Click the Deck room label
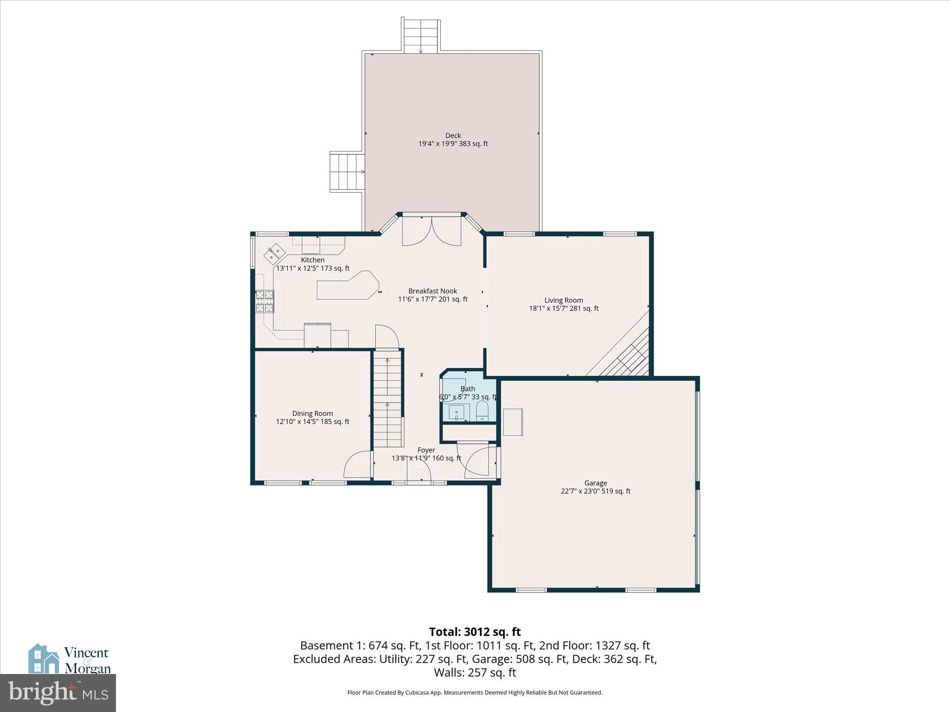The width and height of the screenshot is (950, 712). point(453,136)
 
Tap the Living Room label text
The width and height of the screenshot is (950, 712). point(564,300)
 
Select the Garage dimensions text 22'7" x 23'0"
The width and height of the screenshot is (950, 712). point(580,491)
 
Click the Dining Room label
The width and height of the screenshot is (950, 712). point(312,413)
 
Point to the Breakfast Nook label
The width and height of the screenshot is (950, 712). point(432,291)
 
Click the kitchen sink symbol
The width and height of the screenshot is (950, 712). point(274,253)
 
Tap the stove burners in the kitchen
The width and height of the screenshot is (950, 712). point(264,301)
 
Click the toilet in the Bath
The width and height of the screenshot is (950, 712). point(482,411)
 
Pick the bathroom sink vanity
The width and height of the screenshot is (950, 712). point(456,412)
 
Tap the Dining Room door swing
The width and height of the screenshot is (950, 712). point(357,464)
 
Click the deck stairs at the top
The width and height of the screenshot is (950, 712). point(421,36)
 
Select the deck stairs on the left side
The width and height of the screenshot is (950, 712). point(347,172)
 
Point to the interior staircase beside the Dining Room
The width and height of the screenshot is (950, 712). point(387,399)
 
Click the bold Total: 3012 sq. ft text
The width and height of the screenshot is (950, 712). point(475,632)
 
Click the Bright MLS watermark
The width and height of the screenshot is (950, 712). point(58,693)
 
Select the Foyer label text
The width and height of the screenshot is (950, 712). point(426,450)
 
